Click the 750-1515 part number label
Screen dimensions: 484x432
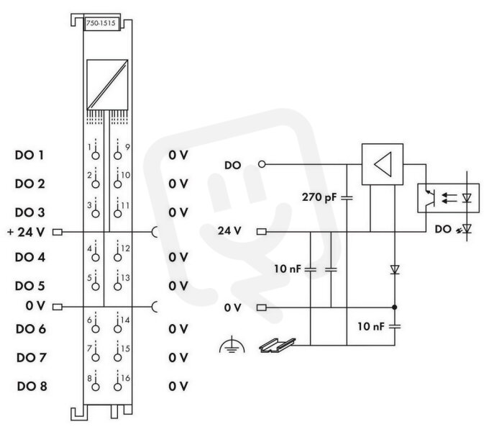pyautogui.click(x=101, y=23)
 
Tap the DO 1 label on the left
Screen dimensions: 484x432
pyautogui.click(x=29, y=155)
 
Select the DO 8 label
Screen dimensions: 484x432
pyautogui.click(x=32, y=386)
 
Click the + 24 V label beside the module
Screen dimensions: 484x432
pyautogui.click(x=26, y=232)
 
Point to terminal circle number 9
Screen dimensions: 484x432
pyautogui.click(x=118, y=156)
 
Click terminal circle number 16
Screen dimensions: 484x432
pyautogui.click(x=118, y=387)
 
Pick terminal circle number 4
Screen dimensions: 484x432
pyautogui.click(x=96, y=257)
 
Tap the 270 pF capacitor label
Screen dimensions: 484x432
pyautogui.click(x=319, y=197)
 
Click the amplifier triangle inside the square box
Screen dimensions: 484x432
pyautogui.click(x=383, y=164)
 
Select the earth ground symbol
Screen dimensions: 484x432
pyautogui.click(x=232, y=346)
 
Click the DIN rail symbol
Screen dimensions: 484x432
pyautogui.click(x=277, y=345)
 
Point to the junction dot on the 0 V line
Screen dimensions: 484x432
pyautogui.click(x=395, y=307)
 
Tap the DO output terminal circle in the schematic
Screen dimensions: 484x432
pyautogui.click(x=262, y=164)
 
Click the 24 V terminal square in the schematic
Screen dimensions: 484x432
pyautogui.click(x=262, y=231)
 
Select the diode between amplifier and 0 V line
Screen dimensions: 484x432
pyautogui.click(x=395, y=269)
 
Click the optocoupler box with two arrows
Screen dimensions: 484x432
pyautogui.click(x=449, y=198)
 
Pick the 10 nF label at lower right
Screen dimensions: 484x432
pyautogui.click(x=370, y=326)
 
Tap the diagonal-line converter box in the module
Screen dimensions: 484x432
pyautogui.click(x=107, y=84)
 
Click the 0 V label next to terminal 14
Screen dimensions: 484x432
pyautogui.click(x=178, y=329)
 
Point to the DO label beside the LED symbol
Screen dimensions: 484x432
pyautogui.click(x=443, y=229)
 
